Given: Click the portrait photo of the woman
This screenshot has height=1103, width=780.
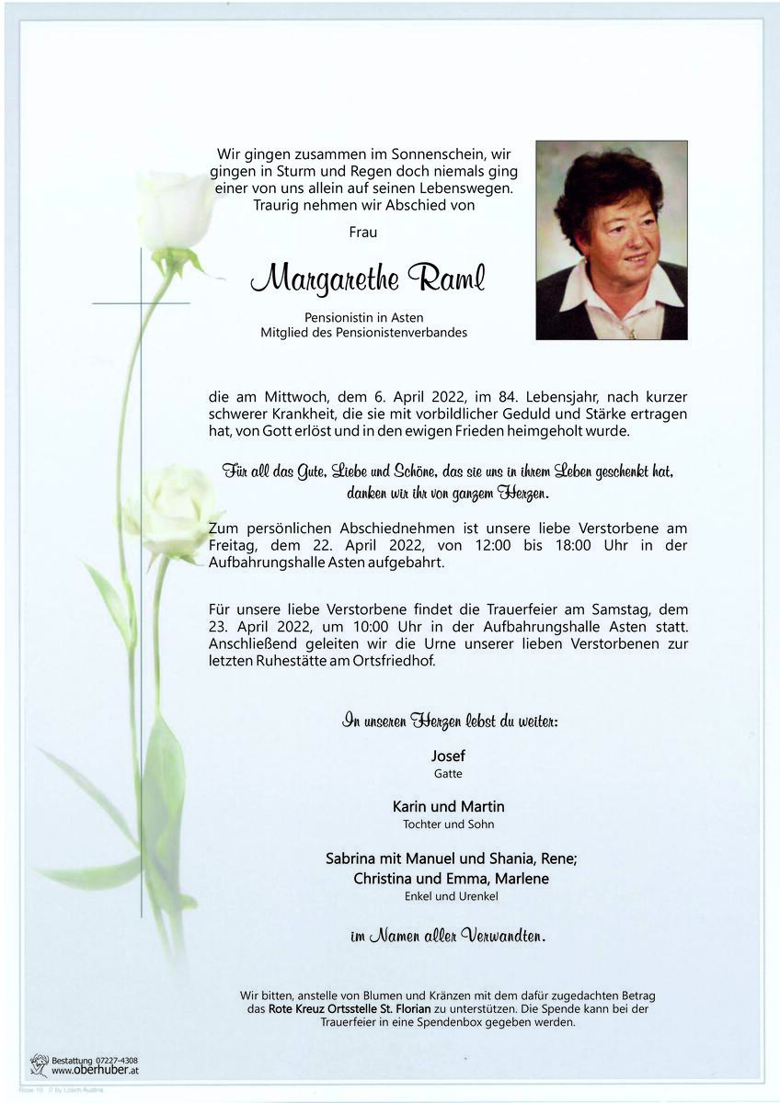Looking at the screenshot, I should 612,240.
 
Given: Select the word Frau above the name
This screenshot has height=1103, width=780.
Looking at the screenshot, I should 363,233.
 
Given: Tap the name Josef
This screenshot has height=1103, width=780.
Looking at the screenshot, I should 448,756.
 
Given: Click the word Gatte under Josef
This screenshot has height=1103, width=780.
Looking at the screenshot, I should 448,774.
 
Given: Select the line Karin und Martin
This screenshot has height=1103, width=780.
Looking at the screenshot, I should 448,806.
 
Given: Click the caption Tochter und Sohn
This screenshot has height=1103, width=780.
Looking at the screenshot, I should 448,824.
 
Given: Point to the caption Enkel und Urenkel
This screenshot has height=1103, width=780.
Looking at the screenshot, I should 448,896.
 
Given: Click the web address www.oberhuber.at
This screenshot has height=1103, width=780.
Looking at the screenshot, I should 95,1071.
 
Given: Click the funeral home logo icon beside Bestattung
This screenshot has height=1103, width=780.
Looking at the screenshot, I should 39,1065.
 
